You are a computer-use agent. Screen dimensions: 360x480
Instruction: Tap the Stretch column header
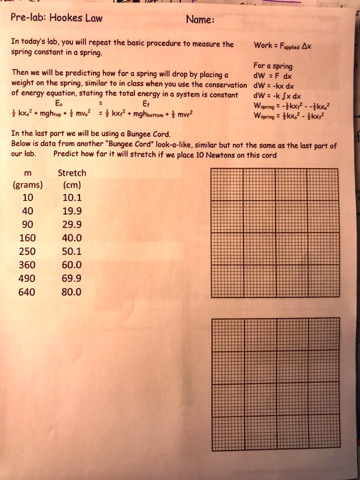[71, 173]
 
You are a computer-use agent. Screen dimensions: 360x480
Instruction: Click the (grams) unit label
[28, 185]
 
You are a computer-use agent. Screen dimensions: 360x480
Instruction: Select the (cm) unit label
[71, 185]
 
